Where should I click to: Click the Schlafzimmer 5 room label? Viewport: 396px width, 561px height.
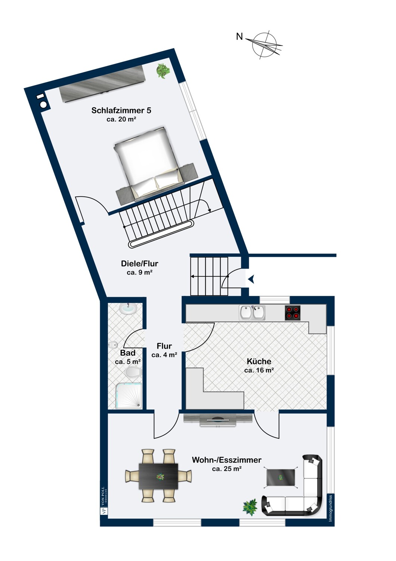tap(121, 110)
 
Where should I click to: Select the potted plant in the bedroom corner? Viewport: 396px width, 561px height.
tap(163, 71)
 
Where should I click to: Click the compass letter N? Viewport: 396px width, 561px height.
tap(239, 37)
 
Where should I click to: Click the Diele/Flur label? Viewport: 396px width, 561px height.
tap(140, 263)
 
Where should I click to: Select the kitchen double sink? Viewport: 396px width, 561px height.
tap(252, 313)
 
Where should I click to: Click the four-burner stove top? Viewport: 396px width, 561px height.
tap(293, 313)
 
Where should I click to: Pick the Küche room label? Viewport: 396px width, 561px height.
tap(259, 361)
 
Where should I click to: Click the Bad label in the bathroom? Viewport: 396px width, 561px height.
tap(128, 353)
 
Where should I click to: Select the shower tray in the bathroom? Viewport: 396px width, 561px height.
tap(129, 396)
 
